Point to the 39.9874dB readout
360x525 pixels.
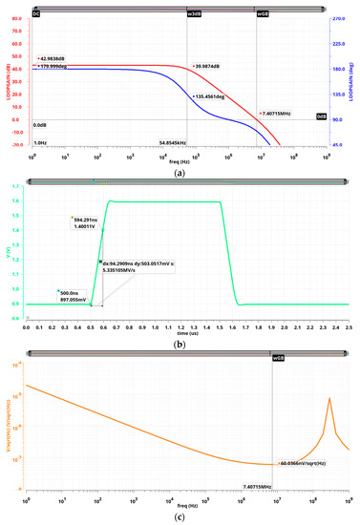click(211, 65)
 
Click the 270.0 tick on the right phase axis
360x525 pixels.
click(339, 18)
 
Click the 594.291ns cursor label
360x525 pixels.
click(85, 219)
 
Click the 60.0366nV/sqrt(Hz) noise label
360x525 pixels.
click(304, 463)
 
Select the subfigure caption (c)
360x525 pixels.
click(180, 516)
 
